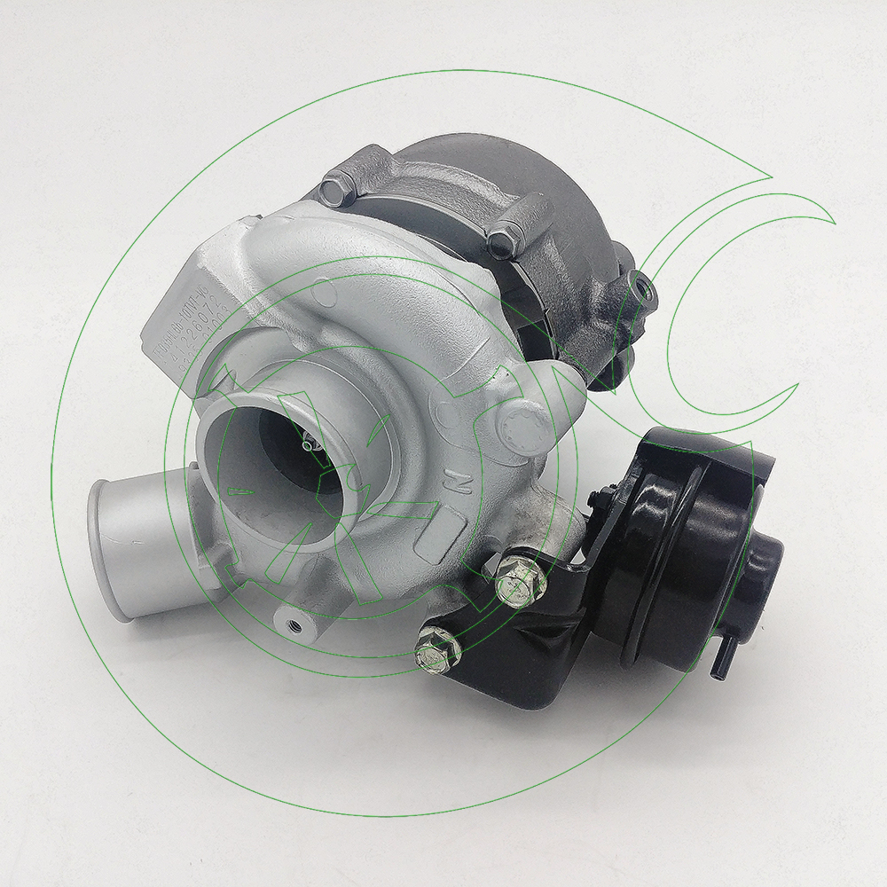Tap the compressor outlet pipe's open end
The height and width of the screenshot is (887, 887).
109,546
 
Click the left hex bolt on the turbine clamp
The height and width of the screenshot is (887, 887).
338,188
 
